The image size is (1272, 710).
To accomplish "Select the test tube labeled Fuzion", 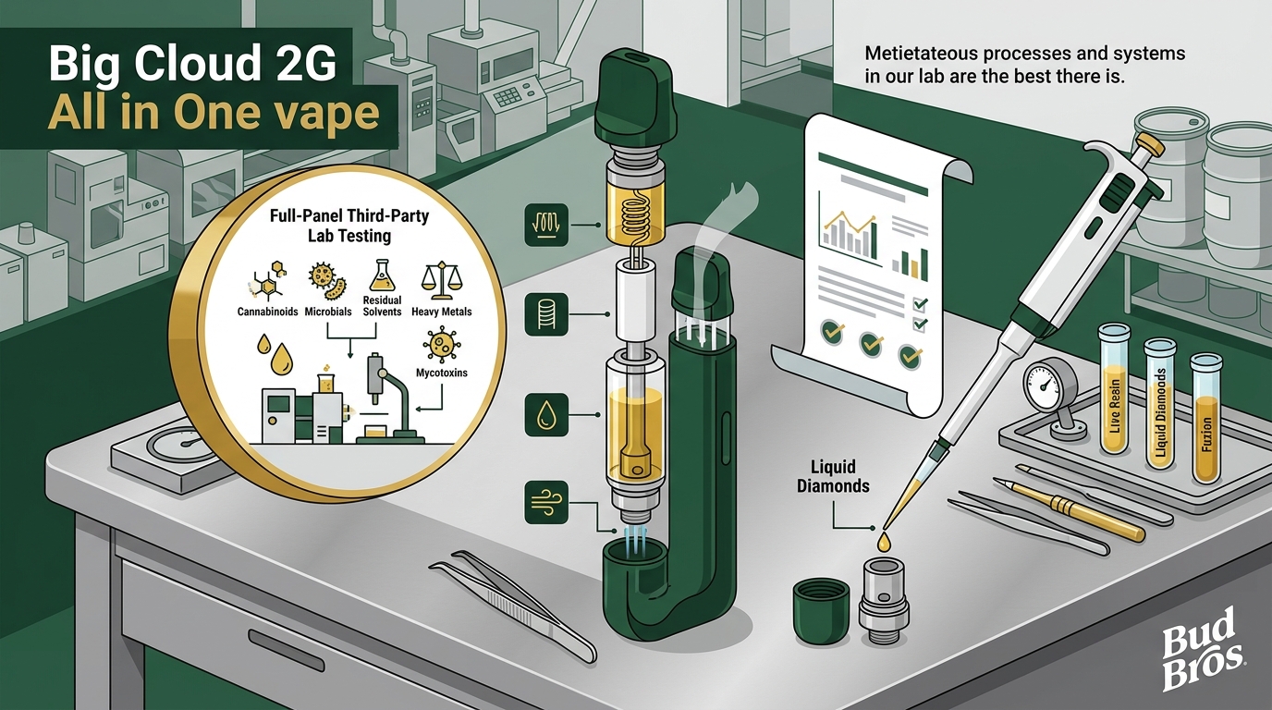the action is click(x=1206, y=418).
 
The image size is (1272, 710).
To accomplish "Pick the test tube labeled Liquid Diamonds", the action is click(x=1159, y=403).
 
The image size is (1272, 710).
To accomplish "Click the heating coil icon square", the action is click(x=546, y=225).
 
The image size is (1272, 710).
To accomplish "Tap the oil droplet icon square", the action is click(x=546, y=415).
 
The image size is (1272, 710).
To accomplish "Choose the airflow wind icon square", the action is click(x=546, y=503).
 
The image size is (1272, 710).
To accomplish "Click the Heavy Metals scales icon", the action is click(x=442, y=281).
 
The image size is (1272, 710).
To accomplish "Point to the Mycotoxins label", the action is click(x=442, y=373).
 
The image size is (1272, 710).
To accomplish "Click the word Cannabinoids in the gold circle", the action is click(x=267, y=312).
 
